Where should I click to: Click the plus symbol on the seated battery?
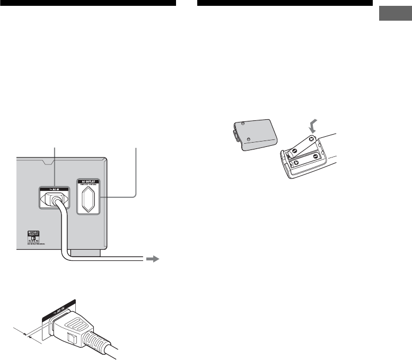click(x=296, y=163)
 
